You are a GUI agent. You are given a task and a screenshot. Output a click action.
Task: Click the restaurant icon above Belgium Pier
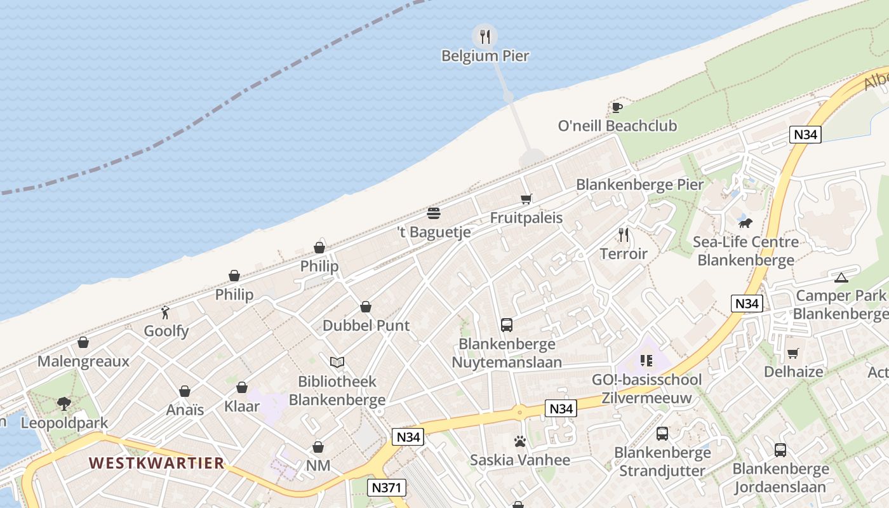pyautogui.click(x=485, y=36)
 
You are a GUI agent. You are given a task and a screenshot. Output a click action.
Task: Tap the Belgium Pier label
pyautogui.click(x=485, y=56)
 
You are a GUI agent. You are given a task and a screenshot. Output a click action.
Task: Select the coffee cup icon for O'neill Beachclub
pyautogui.click(x=616, y=107)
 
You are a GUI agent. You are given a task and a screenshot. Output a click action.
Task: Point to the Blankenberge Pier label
pyautogui.click(x=639, y=185)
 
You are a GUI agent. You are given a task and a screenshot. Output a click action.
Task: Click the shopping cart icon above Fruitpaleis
pyautogui.click(x=526, y=199)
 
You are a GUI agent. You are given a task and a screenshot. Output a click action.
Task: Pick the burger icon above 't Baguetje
pyautogui.click(x=434, y=213)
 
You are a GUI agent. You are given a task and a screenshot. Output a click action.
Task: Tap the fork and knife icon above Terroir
pyautogui.click(x=624, y=235)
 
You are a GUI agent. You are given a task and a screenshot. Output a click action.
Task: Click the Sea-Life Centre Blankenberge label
pyautogui.click(x=745, y=251)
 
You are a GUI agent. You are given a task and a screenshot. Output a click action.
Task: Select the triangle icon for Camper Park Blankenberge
pyautogui.click(x=841, y=277)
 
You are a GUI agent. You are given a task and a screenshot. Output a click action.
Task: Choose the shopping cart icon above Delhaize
pyautogui.click(x=792, y=353)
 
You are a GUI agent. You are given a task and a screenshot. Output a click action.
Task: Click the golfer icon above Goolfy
pyautogui.click(x=166, y=312)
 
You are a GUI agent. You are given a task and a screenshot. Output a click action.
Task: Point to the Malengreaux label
pyautogui.click(x=83, y=361)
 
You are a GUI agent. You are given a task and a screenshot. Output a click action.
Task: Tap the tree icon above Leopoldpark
pyautogui.click(x=63, y=403)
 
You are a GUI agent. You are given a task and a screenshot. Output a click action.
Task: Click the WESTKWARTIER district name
pyautogui.click(x=156, y=463)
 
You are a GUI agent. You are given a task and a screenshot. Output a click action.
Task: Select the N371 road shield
pyautogui.click(x=386, y=488)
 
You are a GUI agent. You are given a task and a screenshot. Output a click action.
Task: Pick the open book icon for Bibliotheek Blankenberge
pyautogui.click(x=337, y=362)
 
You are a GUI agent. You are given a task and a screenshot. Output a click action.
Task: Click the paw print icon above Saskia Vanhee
pyautogui.click(x=520, y=441)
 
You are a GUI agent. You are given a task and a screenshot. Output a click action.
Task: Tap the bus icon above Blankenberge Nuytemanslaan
pyautogui.click(x=507, y=325)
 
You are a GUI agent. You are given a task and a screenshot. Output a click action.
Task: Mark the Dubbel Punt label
pyautogui.click(x=366, y=325)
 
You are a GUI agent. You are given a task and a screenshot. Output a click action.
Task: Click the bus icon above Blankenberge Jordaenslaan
pyautogui.click(x=780, y=450)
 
